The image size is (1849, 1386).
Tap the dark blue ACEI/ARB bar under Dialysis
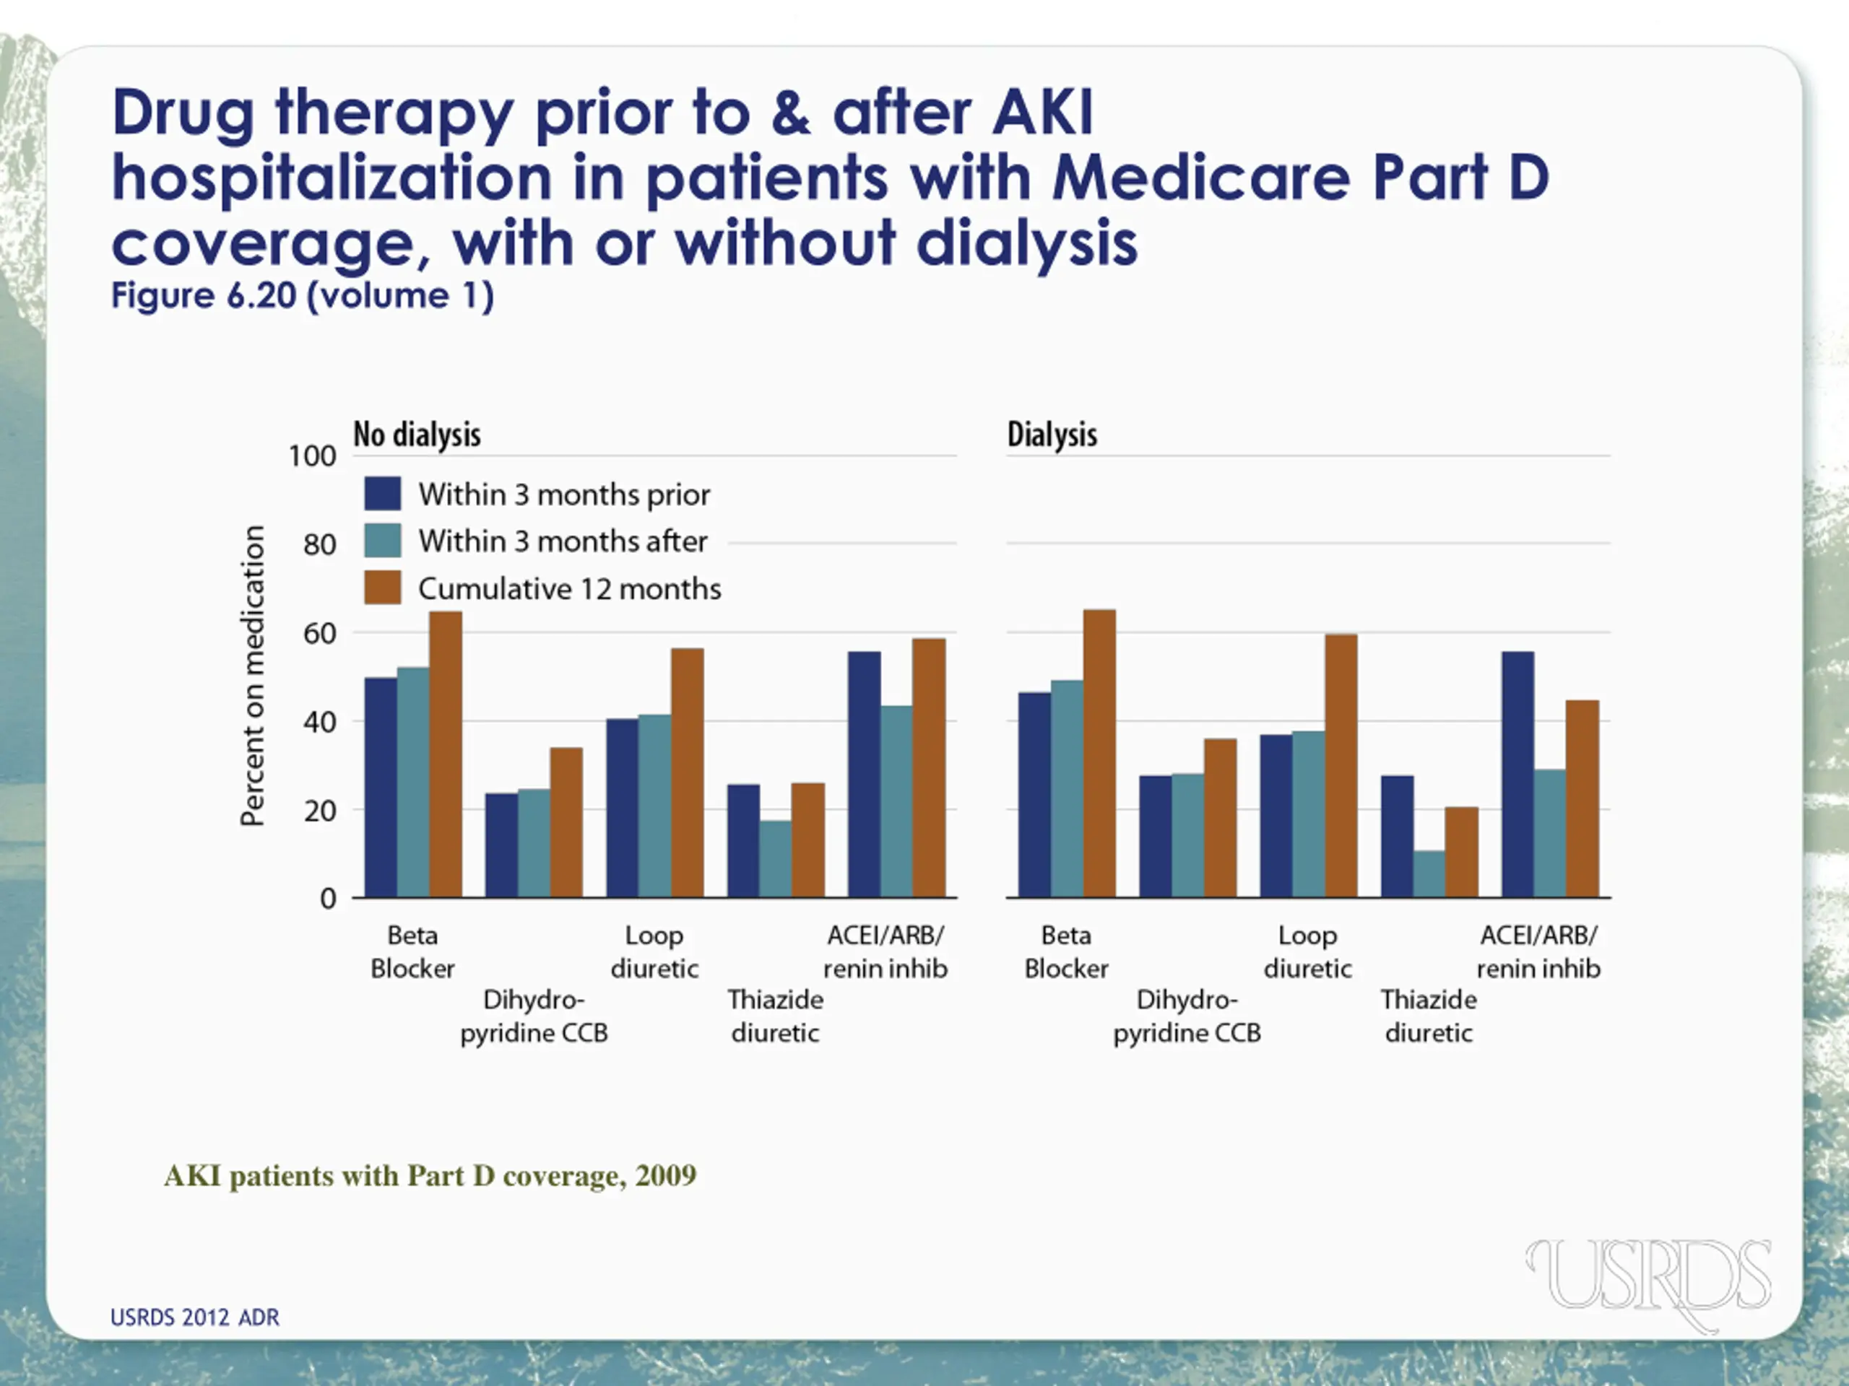pyautogui.click(x=1517, y=775)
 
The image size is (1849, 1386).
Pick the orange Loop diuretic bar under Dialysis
pyautogui.click(x=1341, y=766)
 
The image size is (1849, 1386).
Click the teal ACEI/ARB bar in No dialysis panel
pyautogui.click(x=896, y=801)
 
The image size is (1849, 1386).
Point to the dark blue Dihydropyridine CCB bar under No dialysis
pyautogui.click(x=501, y=845)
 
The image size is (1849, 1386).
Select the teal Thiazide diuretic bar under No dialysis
pyautogui.click(x=775, y=858)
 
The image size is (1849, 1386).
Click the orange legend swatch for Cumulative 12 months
pyautogui.click(x=383, y=588)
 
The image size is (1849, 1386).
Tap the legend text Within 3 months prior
pyautogui.click(x=564, y=494)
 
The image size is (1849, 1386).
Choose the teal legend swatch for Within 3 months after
pyautogui.click(x=383, y=541)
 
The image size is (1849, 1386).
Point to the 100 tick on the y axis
pyautogui.click(x=313, y=456)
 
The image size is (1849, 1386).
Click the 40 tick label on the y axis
pyautogui.click(x=319, y=722)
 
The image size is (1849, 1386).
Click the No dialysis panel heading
pyautogui.click(x=417, y=435)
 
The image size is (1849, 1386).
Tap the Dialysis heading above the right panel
pyautogui.click(x=1052, y=435)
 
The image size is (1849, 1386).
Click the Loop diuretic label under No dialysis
pyautogui.click(x=654, y=951)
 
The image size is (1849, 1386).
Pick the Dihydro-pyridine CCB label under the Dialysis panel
pyautogui.click(x=1187, y=1016)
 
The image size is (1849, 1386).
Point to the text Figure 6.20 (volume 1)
pyautogui.click(x=303, y=296)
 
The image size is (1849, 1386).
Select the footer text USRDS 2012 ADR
pyautogui.click(x=195, y=1317)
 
